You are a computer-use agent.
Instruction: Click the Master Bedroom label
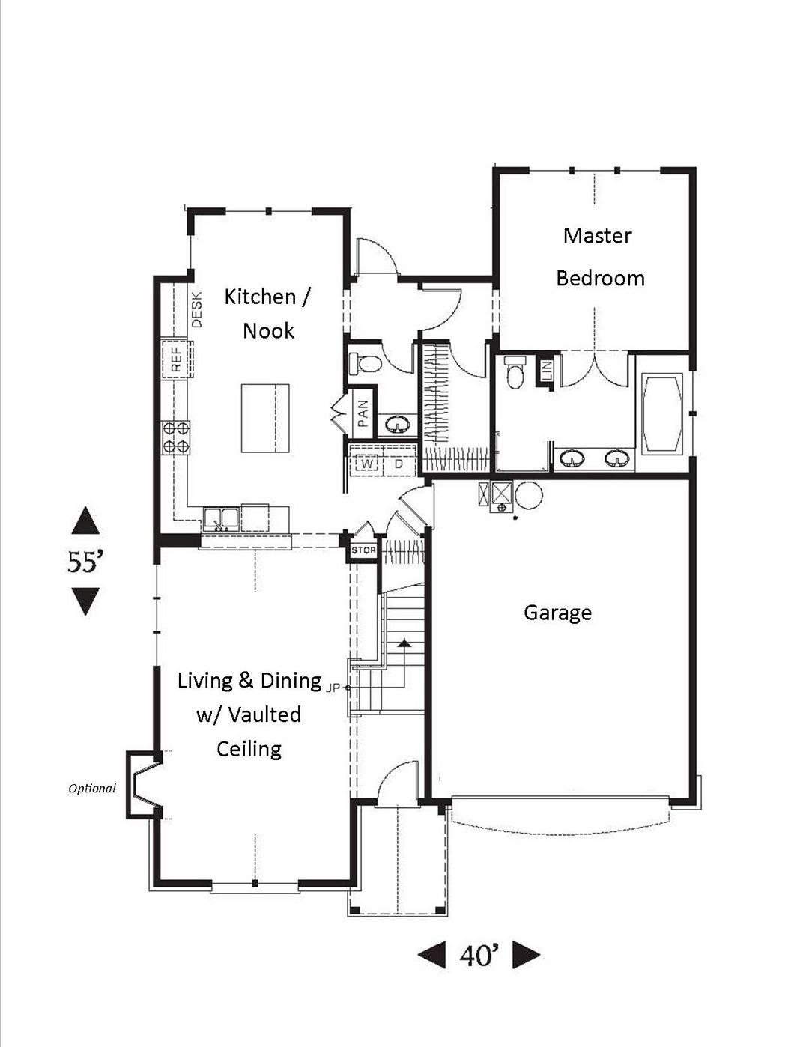tap(600, 257)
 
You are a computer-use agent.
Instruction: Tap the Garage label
tap(557, 613)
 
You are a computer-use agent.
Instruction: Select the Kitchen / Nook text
tap(267, 314)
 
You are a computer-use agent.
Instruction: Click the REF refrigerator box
tap(176, 359)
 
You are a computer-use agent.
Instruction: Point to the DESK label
tap(196, 309)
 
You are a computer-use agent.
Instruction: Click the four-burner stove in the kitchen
tap(176, 437)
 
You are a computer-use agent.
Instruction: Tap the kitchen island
tap(265, 418)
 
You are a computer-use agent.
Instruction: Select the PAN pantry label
tap(363, 413)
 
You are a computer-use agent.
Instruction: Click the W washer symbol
tap(368, 464)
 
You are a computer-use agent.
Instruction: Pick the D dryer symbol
tap(399, 464)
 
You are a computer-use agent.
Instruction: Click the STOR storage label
tap(363, 550)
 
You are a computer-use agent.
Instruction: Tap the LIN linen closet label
tap(546, 371)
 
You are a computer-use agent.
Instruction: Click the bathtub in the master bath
tap(663, 413)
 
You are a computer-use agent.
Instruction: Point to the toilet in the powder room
tap(364, 363)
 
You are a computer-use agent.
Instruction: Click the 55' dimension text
tap(85, 562)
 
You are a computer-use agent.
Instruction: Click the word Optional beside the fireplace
tap(92, 789)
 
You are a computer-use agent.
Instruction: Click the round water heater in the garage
tap(529, 494)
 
